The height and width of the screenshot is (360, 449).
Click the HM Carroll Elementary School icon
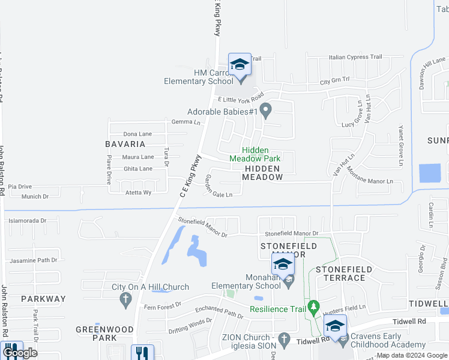coord(239,64)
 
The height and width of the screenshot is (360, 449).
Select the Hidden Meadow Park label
coord(255,154)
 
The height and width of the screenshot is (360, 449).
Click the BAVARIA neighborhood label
coord(125,144)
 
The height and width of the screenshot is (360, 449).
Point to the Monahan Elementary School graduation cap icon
coord(283,265)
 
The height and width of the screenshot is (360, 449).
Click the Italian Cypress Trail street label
coord(355,58)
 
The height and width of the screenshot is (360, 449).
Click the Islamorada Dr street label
coord(27,221)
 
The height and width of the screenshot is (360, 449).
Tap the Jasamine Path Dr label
coord(33,260)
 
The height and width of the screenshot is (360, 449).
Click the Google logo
coord(20,353)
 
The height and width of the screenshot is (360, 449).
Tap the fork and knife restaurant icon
coord(142,353)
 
